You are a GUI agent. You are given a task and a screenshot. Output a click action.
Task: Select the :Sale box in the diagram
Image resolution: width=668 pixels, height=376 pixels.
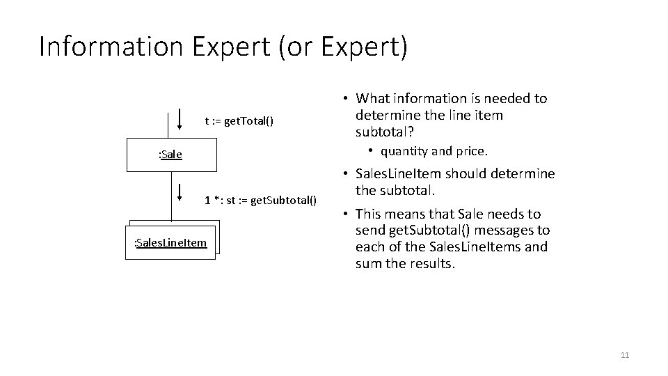171,154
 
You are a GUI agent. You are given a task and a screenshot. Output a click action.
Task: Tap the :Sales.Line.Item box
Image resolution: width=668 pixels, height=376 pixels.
170,242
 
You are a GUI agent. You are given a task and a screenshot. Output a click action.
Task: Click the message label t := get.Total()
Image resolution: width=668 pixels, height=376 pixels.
239,121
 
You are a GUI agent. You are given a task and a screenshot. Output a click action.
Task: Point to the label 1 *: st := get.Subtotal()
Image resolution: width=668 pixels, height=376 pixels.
260,201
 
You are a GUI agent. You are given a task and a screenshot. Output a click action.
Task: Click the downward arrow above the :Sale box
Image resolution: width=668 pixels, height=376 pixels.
181,119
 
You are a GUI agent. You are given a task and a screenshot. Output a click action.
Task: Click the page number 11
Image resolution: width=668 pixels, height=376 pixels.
624,356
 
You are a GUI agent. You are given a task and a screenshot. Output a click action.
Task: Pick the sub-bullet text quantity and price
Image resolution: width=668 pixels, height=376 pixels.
443,151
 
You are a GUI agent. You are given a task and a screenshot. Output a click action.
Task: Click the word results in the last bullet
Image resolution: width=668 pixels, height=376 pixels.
430,263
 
